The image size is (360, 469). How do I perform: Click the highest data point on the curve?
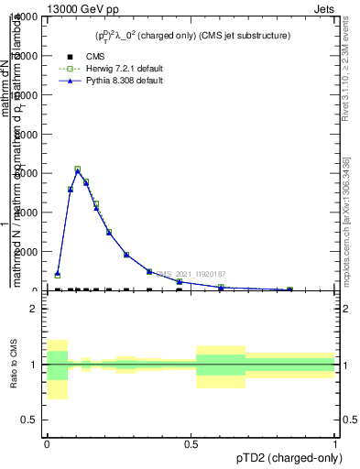coord(78,169)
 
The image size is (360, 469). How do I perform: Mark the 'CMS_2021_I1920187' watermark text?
coord(191,274)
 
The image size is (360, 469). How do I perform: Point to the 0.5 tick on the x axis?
coord(191,442)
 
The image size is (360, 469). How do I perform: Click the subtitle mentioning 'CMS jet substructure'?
coord(192,36)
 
